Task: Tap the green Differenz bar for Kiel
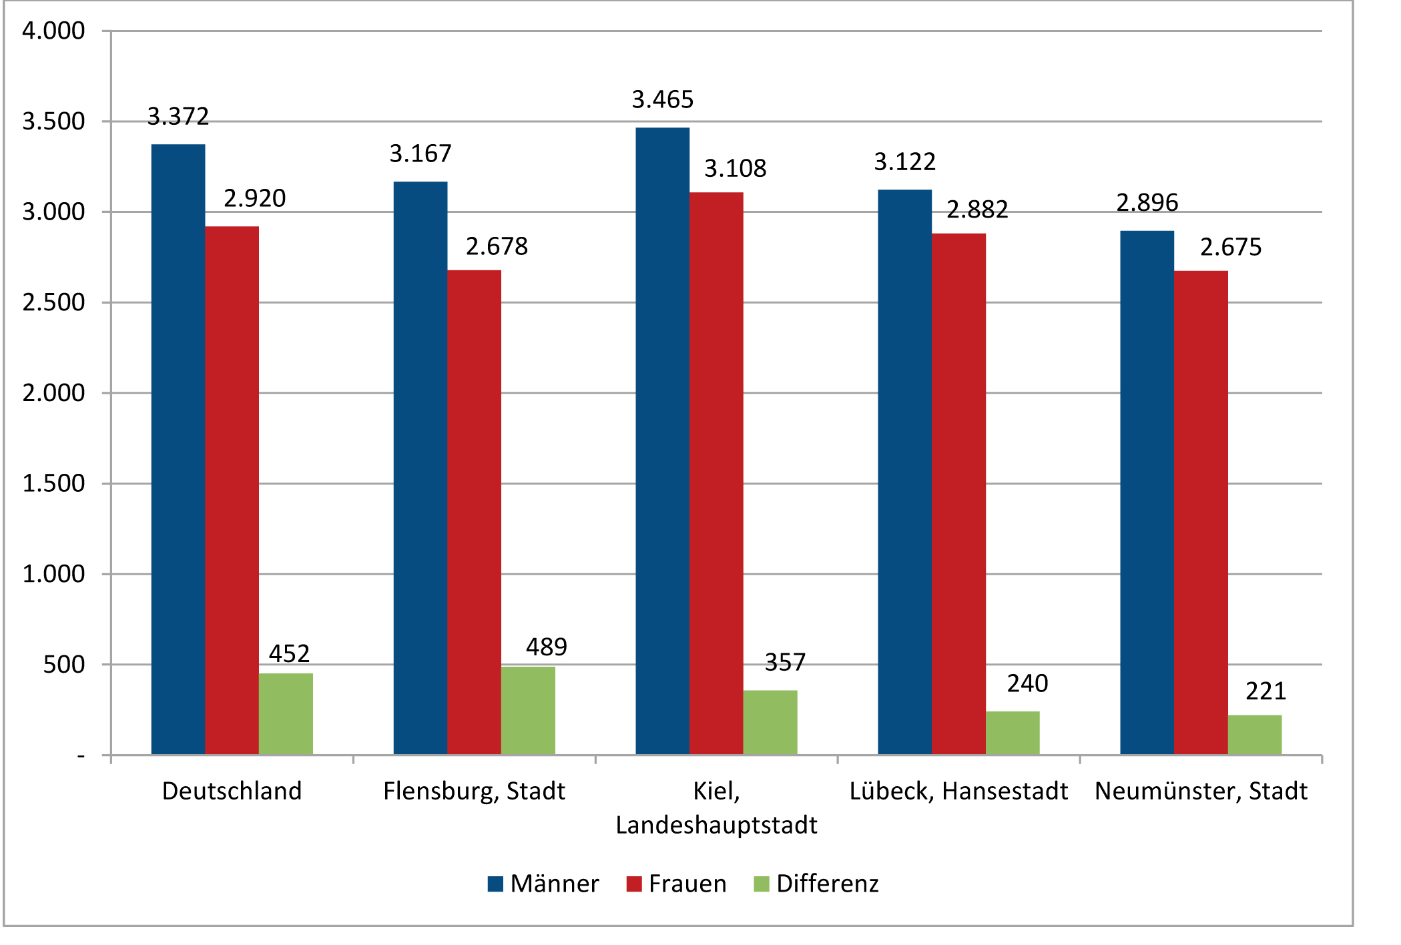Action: click(770, 722)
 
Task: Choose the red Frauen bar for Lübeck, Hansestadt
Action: click(958, 494)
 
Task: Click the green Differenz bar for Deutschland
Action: click(286, 713)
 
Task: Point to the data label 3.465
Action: click(663, 100)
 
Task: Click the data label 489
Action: click(547, 647)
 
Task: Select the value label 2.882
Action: click(977, 210)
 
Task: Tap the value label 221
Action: click(1266, 691)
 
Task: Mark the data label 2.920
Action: click(254, 199)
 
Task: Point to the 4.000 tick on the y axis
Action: click(53, 31)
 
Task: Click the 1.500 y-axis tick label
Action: click(53, 484)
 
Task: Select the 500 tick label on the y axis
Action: click(64, 665)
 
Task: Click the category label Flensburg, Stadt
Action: click(474, 792)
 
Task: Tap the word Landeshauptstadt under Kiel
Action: click(716, 826)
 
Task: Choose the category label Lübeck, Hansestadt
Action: click(958, 792)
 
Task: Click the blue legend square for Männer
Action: click(495, 884)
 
